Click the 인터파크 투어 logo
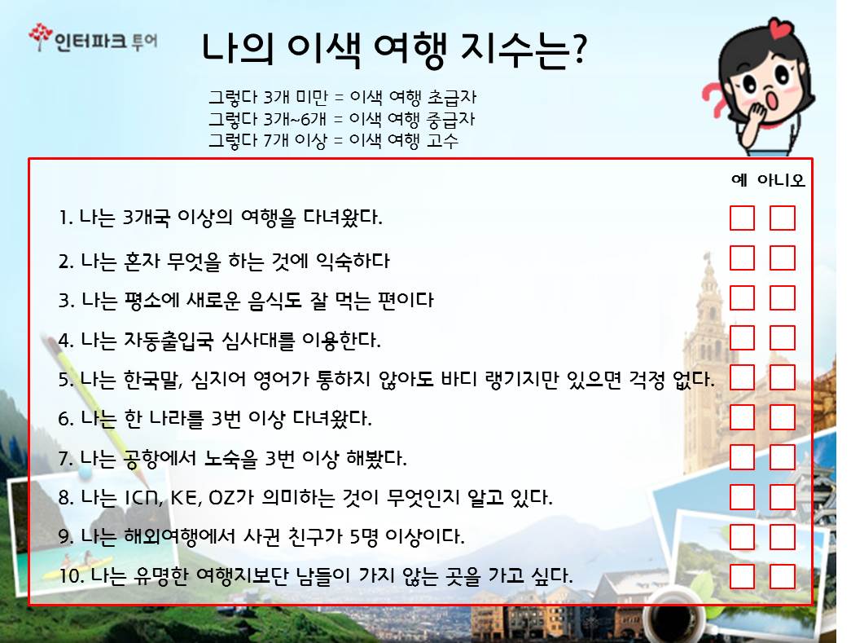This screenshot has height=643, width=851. click(x=94, y=38)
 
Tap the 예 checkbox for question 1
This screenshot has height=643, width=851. click(x=742, y=218)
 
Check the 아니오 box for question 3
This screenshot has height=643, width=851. click(x=782, y=297)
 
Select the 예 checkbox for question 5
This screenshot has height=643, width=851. click(x=742, y=377)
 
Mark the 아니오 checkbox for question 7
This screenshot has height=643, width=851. click(x=782, y=457)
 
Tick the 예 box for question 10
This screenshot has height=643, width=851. click(x=742, y=577)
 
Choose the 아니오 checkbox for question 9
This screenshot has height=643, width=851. click(x=782, y=536)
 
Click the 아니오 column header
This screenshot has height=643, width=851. click(x=781, y=180)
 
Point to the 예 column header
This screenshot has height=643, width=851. click(x=739, y=180)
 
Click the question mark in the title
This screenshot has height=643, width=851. click(x=579, y=49)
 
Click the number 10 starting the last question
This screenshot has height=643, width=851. click(x=69, y=575)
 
